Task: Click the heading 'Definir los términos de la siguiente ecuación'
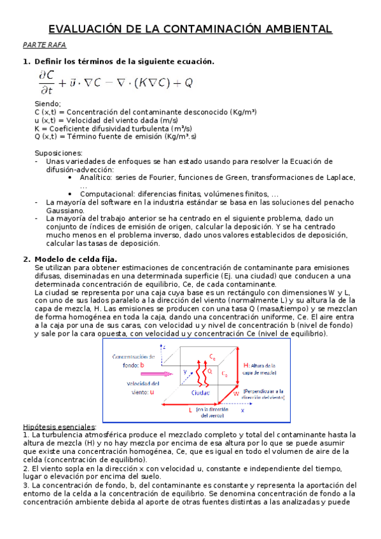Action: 124,62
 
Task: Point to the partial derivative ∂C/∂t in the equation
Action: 46,83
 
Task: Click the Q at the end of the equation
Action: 188,83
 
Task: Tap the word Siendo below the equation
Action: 48,104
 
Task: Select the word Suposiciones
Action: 58,153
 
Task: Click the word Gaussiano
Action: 64,210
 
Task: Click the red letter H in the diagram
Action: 246,365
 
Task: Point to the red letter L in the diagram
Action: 190,411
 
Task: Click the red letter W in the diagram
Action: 236,393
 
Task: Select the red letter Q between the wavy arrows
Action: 210,369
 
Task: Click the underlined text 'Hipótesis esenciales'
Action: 50,426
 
